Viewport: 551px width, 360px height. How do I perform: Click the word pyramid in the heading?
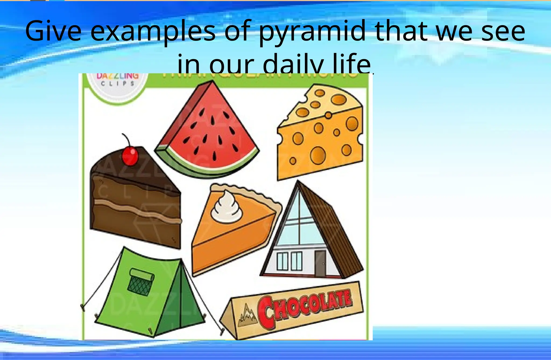(x=312, y=32)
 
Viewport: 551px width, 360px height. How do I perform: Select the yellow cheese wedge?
(x=320, y=134)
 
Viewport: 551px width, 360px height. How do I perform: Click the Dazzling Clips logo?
(x=118, y=81)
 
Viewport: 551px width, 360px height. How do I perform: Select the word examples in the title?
(x=153, y=32)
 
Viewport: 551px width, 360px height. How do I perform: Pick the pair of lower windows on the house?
(x=289, y=261)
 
